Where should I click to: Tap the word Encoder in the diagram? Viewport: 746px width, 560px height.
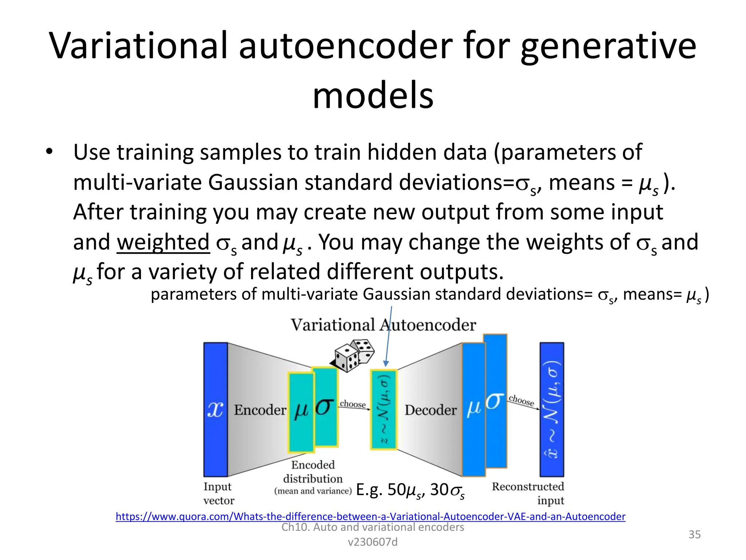point(260,410)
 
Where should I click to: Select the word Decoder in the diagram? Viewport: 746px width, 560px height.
point(430,410)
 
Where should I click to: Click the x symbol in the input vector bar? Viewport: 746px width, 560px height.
point(215,410)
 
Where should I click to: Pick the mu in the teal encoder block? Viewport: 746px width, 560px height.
point(301,411)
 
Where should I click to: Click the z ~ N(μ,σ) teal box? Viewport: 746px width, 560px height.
point(384,410)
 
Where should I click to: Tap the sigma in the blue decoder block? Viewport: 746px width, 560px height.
point(495,401)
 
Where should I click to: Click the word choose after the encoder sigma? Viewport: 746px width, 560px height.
point(353,404)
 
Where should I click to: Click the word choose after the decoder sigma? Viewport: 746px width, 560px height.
point(521,400)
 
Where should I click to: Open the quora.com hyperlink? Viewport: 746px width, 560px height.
point(370,516)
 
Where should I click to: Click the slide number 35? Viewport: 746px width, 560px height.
point(694,534)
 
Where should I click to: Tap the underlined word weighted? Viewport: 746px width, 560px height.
point(163,242)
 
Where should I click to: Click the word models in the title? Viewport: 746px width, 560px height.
point(373,96)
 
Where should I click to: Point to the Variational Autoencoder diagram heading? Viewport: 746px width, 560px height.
point(383,325)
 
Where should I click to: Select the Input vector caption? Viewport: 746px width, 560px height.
point(218,493)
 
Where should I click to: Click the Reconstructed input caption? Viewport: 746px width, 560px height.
point(528,493)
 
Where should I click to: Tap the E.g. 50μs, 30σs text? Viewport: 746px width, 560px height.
point(410,490)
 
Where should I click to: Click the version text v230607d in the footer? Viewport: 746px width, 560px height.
point(373,542)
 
